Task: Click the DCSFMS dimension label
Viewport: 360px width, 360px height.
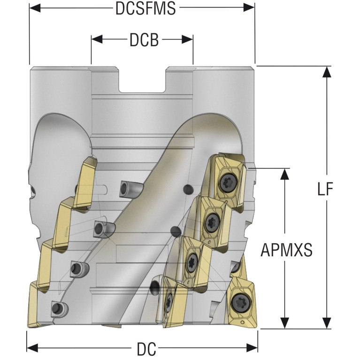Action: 146,8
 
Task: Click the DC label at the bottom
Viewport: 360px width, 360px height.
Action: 146,349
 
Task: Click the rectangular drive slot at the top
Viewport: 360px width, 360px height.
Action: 142,82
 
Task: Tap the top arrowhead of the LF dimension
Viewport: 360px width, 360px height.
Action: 325,71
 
